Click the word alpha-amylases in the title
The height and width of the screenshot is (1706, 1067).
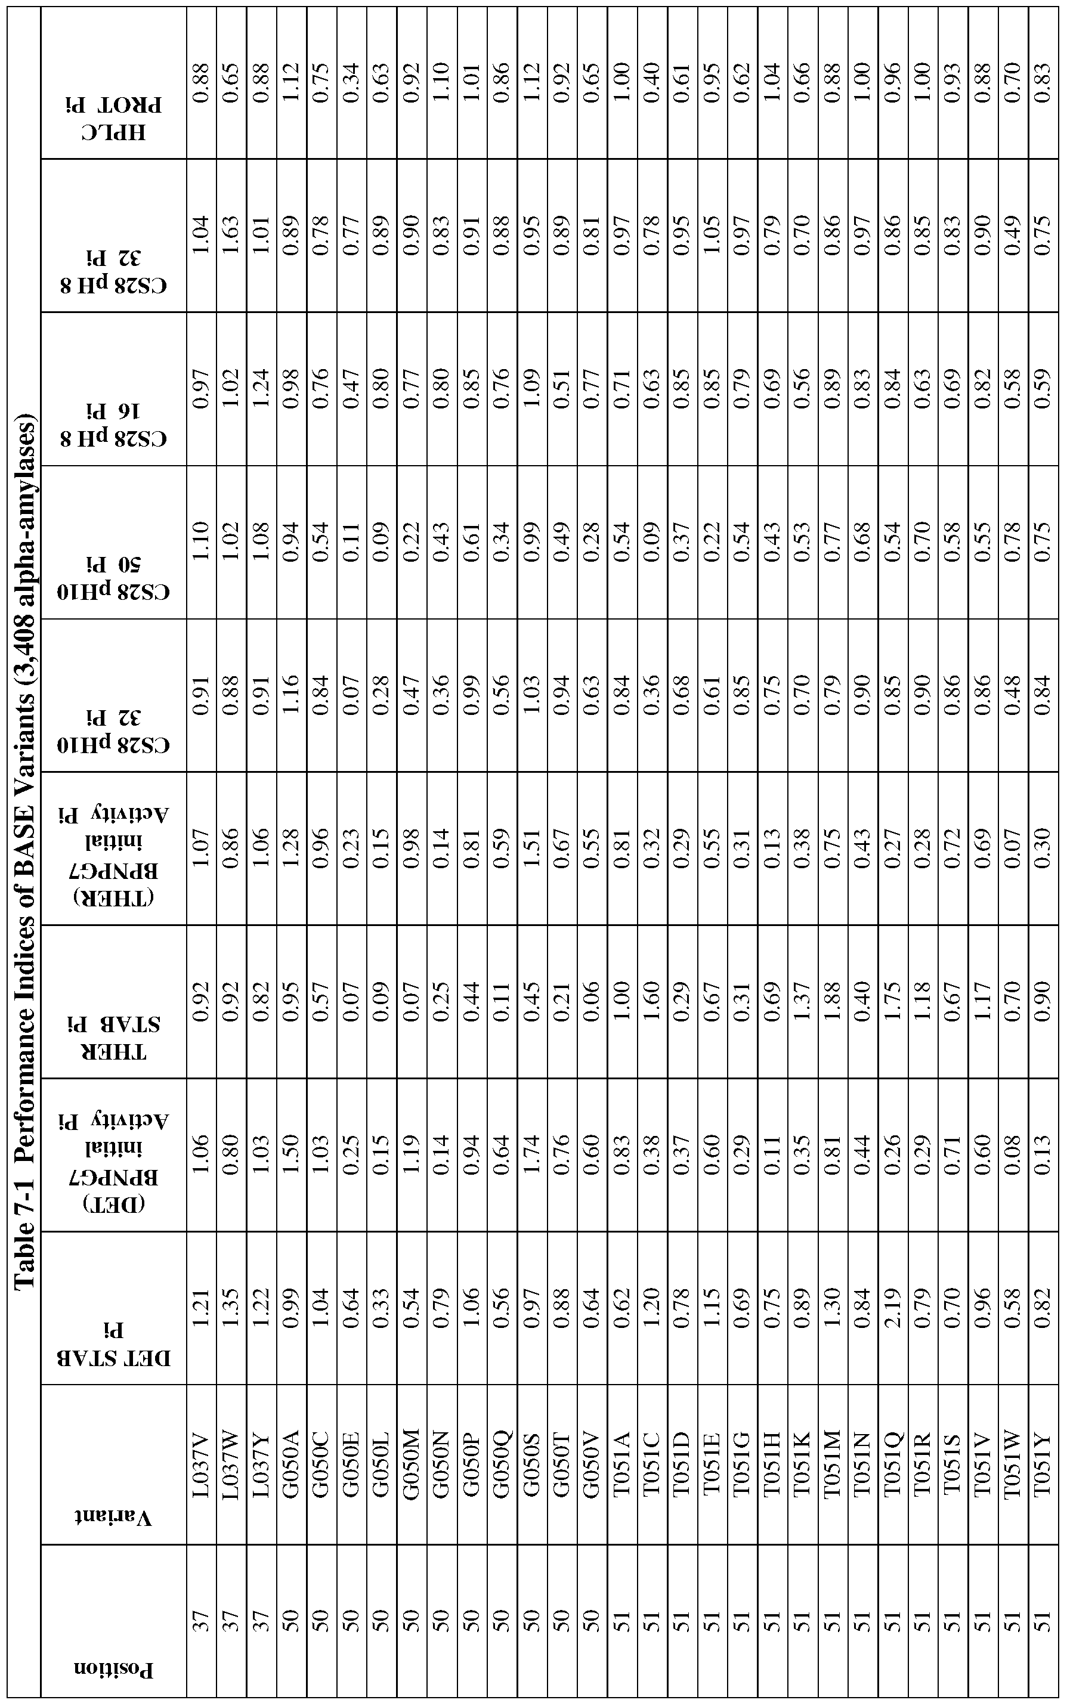click(x=27, y=522)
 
